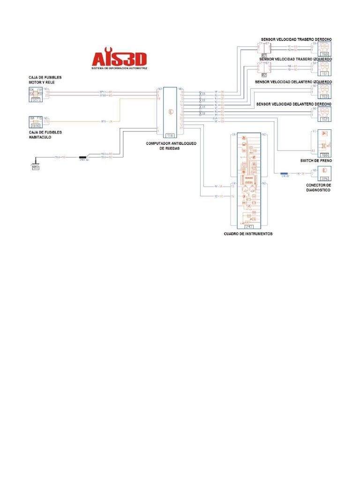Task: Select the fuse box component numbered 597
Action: [36, 94]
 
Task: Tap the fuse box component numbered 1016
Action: [36, 122]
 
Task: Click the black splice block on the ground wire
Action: [85, 157]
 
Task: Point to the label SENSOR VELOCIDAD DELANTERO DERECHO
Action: [294, 104]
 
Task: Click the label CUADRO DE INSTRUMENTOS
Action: [248, 233]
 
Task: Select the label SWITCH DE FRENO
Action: [316, 160]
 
